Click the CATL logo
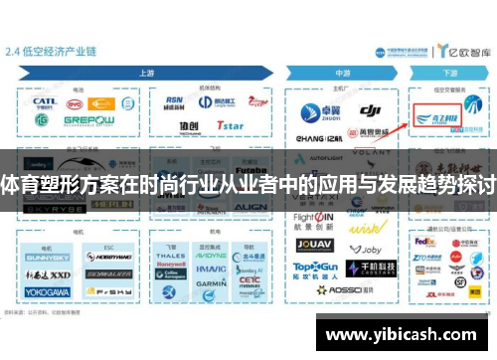click(x=44, y=101)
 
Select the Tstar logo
click(x=231, y=126)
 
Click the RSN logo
click(x=175, y=99)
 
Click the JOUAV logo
click(x=312, y=244)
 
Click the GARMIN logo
click(x=210, y=282)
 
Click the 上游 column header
click(x=147, y=73)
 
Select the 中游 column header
click(x=343, y=73)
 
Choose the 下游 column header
click(x=450, y=73)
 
